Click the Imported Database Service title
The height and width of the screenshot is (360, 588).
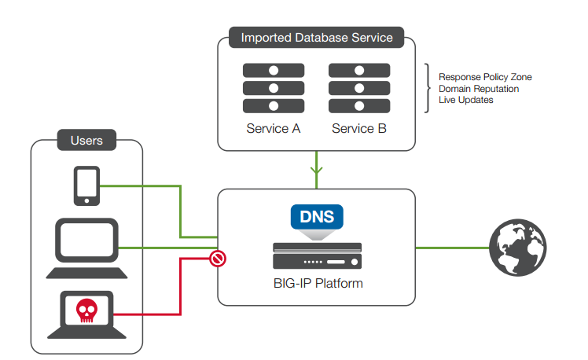point(316,37)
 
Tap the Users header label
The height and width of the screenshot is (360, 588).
point(86,141)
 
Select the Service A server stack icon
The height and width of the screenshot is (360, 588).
point(273,88)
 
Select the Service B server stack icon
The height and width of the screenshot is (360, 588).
point(358,88)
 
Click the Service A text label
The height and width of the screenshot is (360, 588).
point(273,128)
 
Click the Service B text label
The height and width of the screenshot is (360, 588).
point(358,128)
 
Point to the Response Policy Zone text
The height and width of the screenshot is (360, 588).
point(484,77)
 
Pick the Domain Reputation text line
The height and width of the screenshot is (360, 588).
point(478,89)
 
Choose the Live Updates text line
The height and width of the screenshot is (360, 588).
point(465,100)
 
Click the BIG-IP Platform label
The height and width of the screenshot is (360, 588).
point(317,283)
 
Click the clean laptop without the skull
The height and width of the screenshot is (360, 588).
point(86,248)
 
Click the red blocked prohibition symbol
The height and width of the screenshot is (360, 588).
point(218,258)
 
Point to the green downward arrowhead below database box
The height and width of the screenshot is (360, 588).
point(317,169)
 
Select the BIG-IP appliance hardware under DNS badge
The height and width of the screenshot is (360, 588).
point(317,257)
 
